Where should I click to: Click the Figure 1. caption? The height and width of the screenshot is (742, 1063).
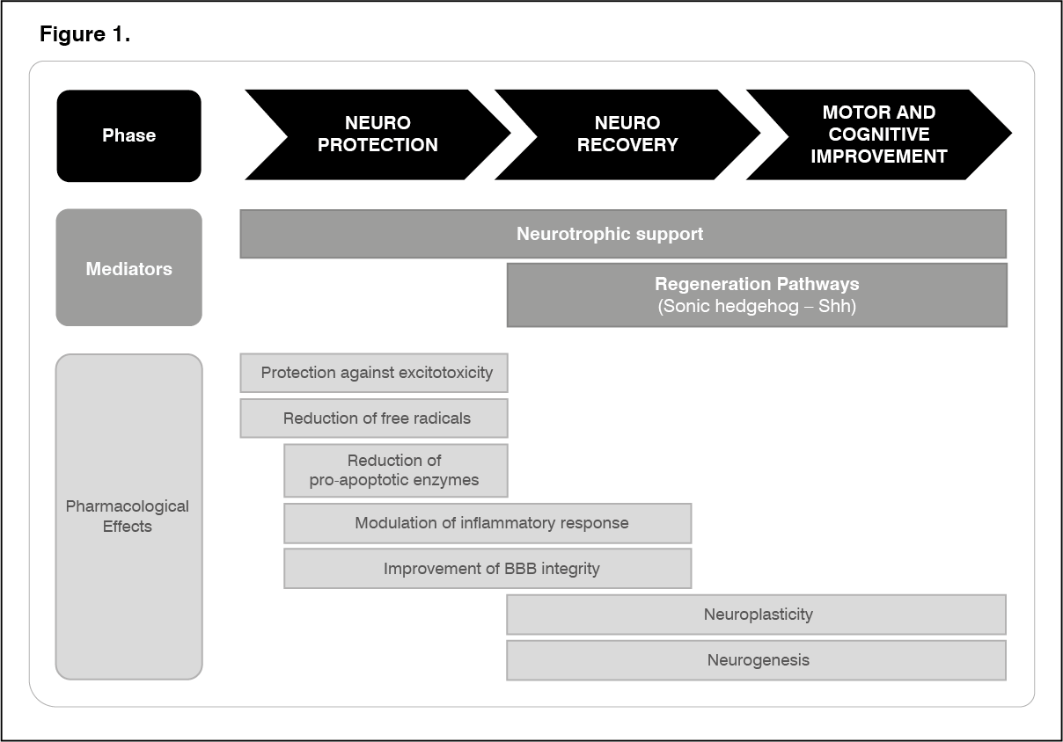pos(84,34)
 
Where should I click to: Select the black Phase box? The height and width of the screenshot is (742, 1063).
pos(129,135)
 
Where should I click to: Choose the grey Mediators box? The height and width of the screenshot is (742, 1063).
pos(129,267)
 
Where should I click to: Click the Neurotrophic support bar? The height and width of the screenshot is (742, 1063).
pos(623,234)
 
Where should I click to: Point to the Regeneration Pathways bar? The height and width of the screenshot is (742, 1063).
pos(757,295)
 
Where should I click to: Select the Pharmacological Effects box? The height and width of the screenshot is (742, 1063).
pos(129,517)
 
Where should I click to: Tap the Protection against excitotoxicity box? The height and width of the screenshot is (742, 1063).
pos(374,373)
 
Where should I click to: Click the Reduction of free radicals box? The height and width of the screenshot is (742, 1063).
pos(374,418)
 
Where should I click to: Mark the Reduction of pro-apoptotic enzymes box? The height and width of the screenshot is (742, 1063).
pos(396,470)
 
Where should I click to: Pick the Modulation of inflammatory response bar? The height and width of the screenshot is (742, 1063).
pos(488,523)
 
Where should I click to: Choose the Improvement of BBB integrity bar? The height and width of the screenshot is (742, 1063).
pos(488,569)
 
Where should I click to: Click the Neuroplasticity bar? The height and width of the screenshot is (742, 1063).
pos(757,615)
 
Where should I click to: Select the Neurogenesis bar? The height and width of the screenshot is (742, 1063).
pos(757,660)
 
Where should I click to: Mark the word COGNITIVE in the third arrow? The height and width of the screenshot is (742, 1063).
pos(879,135)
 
